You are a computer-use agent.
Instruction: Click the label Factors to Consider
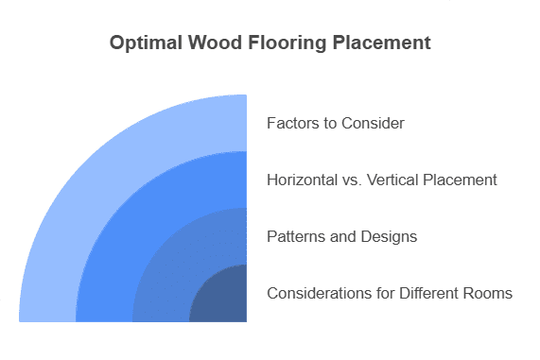(x=336, y=123)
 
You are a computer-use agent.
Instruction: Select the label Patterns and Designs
(x=341, y=236)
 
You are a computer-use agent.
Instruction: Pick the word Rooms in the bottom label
(x=490, y=293)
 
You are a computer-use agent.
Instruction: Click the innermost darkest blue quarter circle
(x=224, y=299)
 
